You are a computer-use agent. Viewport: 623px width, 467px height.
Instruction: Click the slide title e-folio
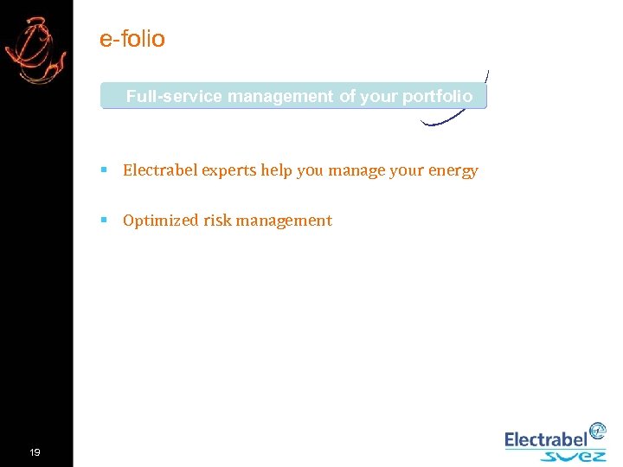132,39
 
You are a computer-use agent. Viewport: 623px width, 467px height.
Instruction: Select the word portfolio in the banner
438,96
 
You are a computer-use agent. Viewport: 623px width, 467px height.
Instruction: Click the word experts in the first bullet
228,170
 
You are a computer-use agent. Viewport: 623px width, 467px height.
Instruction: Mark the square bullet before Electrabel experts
104,171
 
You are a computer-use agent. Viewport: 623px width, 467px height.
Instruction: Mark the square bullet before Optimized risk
104,221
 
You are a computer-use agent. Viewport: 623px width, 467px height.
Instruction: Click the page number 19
35,452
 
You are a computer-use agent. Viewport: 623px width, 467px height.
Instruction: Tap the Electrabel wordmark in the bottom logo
545,440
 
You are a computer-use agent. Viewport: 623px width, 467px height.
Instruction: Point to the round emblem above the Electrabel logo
597,431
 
